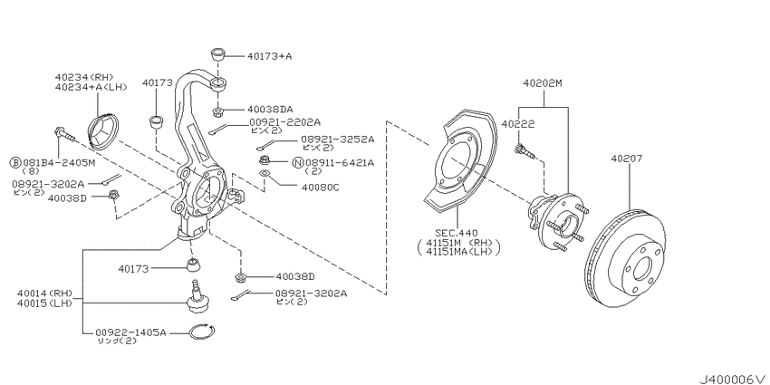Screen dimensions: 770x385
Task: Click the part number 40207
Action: click(x=626, y=159)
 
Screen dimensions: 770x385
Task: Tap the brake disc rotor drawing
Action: click(x=625, y=258)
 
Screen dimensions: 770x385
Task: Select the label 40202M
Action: click(x=542, y=83)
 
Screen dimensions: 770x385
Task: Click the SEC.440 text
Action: click(x=457, y=232)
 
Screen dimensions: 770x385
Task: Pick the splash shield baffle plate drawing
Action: click(x=459, y=163)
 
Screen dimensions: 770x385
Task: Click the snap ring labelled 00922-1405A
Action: click(x=201, y=332)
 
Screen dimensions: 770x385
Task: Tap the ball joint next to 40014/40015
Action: click(x=197, y=296)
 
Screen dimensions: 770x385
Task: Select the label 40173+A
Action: click(x=269, y=56)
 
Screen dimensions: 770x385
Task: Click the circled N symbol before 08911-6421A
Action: click(x=297, y=162)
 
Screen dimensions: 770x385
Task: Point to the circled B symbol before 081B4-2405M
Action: click(x=15, y=162)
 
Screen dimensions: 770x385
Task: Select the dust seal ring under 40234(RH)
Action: click(x=103, y=130)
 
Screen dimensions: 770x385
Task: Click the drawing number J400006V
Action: click(x=732, y=379)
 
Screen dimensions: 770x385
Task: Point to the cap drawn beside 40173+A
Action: click(x=218, y=53)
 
